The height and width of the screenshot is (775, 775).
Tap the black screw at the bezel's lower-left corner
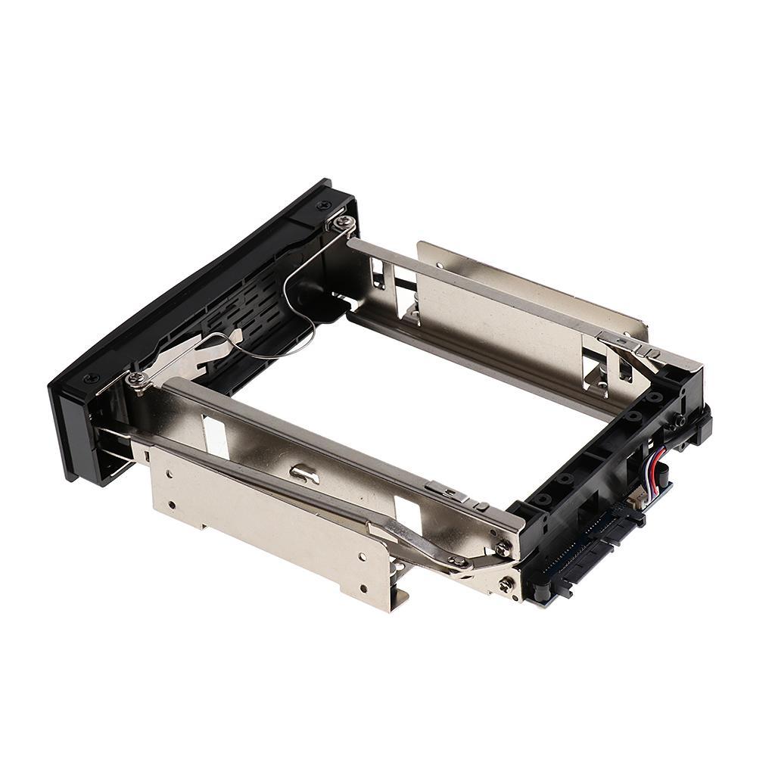(91, 378)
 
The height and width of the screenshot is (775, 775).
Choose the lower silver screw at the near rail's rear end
(506, 584)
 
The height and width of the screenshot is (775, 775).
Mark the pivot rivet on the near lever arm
(458, 562)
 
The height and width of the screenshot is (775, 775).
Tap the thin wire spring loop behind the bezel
(291, 318)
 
